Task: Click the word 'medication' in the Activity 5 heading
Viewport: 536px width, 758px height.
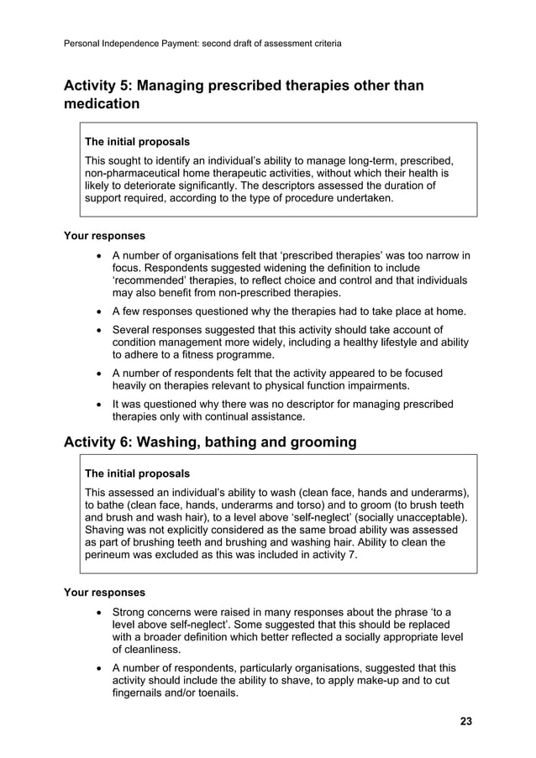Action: pos(102,104)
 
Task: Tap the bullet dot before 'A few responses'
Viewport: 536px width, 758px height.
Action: pos(101,312)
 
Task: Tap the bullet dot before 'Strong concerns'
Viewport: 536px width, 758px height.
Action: pos(101,612)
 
